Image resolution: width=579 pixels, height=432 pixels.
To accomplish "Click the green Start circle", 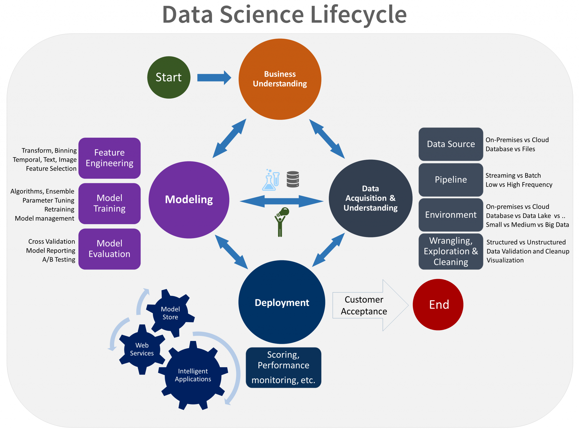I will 169,77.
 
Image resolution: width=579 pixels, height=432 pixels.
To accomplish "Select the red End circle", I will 438,304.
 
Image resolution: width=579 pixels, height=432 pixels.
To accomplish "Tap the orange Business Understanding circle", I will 280,79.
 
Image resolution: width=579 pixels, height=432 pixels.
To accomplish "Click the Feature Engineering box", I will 109,158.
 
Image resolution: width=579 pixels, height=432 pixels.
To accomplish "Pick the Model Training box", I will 109,203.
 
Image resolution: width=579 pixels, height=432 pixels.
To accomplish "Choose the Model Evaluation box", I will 109,249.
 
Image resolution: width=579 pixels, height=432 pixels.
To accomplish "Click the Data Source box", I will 451,144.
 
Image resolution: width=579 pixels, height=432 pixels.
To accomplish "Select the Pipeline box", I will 451,180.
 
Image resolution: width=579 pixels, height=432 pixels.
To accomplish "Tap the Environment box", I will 451,215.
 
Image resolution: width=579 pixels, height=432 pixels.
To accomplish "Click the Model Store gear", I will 170,313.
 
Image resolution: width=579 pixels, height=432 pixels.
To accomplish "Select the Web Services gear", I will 142,349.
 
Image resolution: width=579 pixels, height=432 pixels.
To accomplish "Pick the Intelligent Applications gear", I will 193,375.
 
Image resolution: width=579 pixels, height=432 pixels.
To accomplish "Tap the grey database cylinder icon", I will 293,179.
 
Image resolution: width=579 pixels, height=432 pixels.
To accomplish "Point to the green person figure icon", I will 281,222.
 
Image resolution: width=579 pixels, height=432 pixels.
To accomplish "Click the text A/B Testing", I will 59,260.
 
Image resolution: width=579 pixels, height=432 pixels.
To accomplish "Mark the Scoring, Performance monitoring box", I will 283,368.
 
